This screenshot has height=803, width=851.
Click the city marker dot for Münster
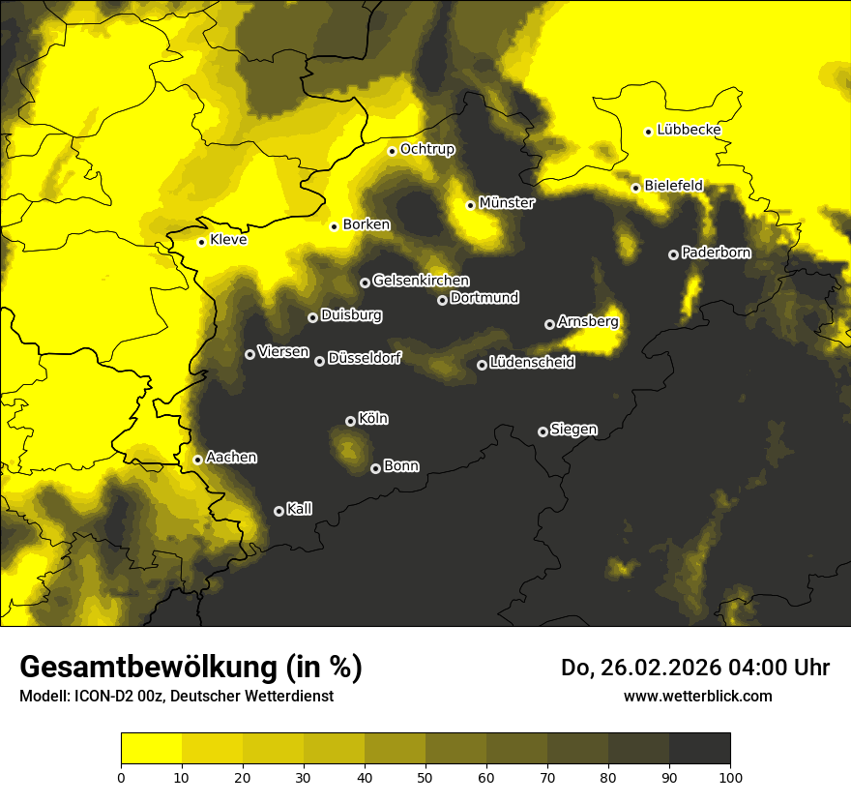(x=471, y=205)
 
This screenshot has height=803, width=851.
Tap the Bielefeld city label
(x=673, y=185)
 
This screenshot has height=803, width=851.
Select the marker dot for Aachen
(x=198, y=460)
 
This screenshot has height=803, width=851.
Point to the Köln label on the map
(x=373, y=419)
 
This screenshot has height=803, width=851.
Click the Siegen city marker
(x=543, y=431)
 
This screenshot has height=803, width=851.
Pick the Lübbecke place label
(x=689, y=130)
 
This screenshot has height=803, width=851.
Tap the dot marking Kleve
(x=201, y=242)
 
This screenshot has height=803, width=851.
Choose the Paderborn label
(x=716, y=253)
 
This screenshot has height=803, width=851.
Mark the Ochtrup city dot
(x=392, y=151)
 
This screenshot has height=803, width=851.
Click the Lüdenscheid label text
(x=532, y=363)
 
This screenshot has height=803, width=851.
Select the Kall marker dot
(x=279, y=511)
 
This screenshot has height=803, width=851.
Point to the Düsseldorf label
(x=364, y=358)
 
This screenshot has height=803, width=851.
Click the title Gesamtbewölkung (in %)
(x=191, y=667)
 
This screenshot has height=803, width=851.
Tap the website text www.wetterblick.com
(x=697, y=696)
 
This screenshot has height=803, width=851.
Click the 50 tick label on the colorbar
(x=425, y=776)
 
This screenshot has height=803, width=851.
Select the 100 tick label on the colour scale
(x=730, y=776)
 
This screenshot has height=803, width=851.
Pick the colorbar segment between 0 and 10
(x=152, y=748)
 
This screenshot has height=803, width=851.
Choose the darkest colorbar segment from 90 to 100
(x=699, y=748)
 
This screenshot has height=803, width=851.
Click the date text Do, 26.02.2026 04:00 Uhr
(x=694, y=668)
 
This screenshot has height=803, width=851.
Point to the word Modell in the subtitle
(x=43, y=696)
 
